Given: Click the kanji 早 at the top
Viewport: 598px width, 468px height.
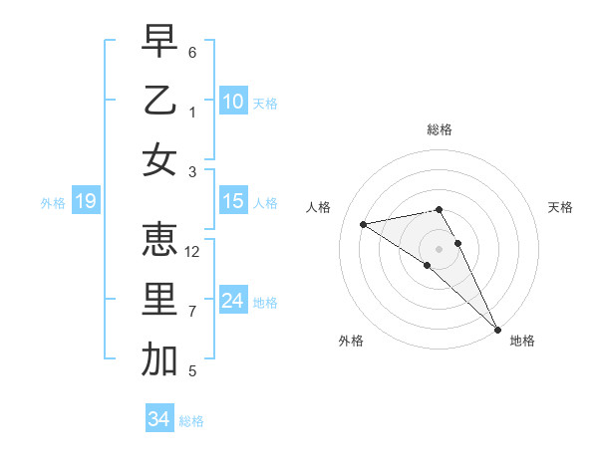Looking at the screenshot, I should click(x=159, y=42).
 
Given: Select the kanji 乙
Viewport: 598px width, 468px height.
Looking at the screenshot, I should click(x=159, y=101).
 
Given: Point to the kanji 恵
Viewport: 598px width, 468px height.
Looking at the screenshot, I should click(x=159, y=240).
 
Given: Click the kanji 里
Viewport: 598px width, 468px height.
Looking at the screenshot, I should click(x=159, y=300).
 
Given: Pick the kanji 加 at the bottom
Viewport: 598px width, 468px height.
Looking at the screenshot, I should click(x=159, y=359).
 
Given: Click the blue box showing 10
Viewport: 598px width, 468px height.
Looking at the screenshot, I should click(x=232, y=102).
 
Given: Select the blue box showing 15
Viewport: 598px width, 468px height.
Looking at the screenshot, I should click(x=232, y=202).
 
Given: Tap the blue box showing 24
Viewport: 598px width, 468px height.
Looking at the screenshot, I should click(x=232, y=301).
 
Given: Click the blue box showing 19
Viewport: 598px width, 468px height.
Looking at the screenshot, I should click(x=85, y=202).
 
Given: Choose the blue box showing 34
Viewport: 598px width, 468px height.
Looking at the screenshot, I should click(x=158, y=419).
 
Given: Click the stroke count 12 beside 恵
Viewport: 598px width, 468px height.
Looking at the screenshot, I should click(x=192, y=252).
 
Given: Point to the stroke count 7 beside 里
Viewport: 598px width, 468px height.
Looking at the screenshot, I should click(x=192, y=312).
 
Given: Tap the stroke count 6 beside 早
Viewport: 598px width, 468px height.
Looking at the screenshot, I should click(x=192, y=52).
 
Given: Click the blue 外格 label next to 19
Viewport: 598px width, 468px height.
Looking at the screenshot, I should click(x=53, y=203).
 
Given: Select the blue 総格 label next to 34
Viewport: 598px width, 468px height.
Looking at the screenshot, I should click(x=191, y=421).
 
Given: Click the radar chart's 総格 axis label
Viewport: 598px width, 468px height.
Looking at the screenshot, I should click(x=439, y=129).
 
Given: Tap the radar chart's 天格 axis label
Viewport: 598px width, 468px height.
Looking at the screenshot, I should click(x=560, y=207).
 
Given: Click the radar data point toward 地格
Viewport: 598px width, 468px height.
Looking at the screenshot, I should click(x=496, y=329).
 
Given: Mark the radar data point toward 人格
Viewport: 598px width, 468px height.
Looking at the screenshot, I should click(x=363, y=224).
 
